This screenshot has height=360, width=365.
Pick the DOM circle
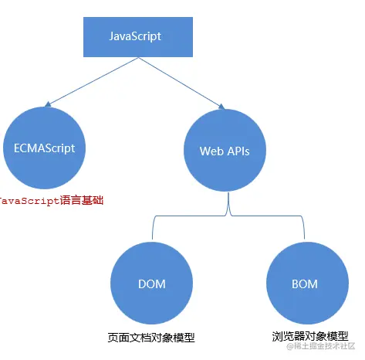pyautogui.click(x=151, y=284)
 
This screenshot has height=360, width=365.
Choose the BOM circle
pyautogui.click(x=304, y=284)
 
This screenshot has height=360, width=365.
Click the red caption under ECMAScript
pyautogui.click(x=51, y=200)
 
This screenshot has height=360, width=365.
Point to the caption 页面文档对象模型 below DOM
pyautogui.click(x=151, y=338)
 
